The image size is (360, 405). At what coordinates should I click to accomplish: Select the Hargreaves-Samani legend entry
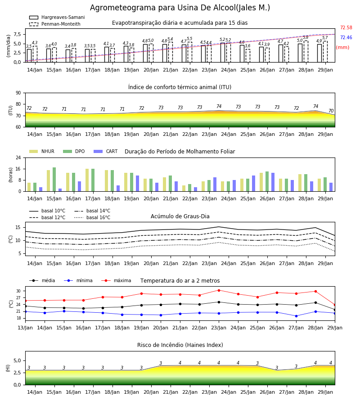57,17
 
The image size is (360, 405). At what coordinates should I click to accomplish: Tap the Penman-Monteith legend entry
55,24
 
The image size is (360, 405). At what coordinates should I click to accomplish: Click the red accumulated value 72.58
346,27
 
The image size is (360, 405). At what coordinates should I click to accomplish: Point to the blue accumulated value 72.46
346,37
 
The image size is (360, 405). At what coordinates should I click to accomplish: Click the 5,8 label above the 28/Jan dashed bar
306,37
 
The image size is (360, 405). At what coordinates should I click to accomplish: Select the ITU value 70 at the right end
331,111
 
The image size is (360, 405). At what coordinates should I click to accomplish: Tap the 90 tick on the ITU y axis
18,93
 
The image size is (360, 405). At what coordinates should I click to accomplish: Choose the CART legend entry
106,151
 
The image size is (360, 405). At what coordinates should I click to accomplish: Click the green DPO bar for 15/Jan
54,180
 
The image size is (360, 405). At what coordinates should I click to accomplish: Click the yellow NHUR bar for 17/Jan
87,180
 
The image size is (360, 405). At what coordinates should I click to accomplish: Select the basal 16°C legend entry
92,217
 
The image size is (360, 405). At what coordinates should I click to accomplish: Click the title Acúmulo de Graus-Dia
180,216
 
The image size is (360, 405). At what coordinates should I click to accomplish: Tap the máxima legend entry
116,280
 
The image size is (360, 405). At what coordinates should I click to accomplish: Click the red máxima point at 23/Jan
219,290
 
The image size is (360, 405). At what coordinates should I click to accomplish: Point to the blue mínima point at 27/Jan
296,316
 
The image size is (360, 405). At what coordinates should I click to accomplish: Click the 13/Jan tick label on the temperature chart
25,328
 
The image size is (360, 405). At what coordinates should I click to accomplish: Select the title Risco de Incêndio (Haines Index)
180,345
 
